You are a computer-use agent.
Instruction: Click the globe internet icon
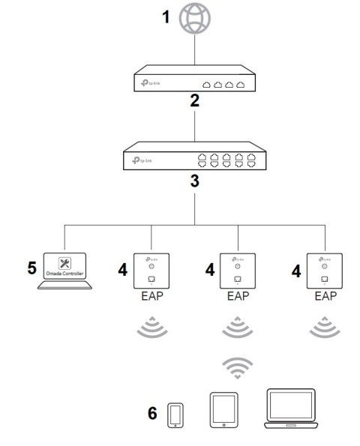(x=195, y=19)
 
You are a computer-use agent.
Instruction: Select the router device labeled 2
(x=195, y=81)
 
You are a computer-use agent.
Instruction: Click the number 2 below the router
(x=194, y=103)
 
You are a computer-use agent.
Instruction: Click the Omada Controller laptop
(x=64, y=271)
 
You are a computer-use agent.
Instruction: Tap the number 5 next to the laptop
(x=31, y=266)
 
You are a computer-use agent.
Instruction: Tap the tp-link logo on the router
(x=148, y=85)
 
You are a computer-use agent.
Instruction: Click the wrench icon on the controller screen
(x=64, y=263)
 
